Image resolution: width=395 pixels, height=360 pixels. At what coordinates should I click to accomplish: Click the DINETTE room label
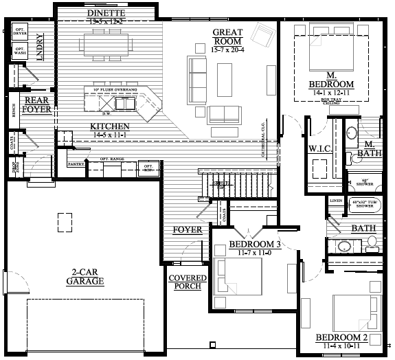pyautogui.click(x=106, y=13)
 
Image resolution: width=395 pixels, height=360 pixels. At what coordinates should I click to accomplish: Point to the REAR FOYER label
pyautogui.click(x=36, y=104)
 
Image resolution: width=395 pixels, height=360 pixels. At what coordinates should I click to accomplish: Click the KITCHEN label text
pyautogui.click(x=110, y=126)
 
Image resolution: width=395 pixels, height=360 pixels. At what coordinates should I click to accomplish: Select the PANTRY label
pyautogui.click(x=76, y=164)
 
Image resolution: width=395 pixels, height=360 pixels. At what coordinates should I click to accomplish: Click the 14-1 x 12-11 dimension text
pyautogui.click(x=330, y=92)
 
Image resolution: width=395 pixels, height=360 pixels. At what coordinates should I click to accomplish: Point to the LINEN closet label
pyautogui.click(x=336, y=200)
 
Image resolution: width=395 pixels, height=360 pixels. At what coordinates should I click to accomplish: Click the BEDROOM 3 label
pyautogui.click(x=255, y=245)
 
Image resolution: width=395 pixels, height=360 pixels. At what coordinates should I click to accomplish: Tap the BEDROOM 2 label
pyautogui.click(x=342, y=337)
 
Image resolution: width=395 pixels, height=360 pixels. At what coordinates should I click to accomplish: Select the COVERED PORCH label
pyautogui.click(x=183, y=282)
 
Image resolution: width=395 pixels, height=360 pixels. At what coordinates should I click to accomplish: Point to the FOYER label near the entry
pyautogui.click(x=188, y=229)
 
